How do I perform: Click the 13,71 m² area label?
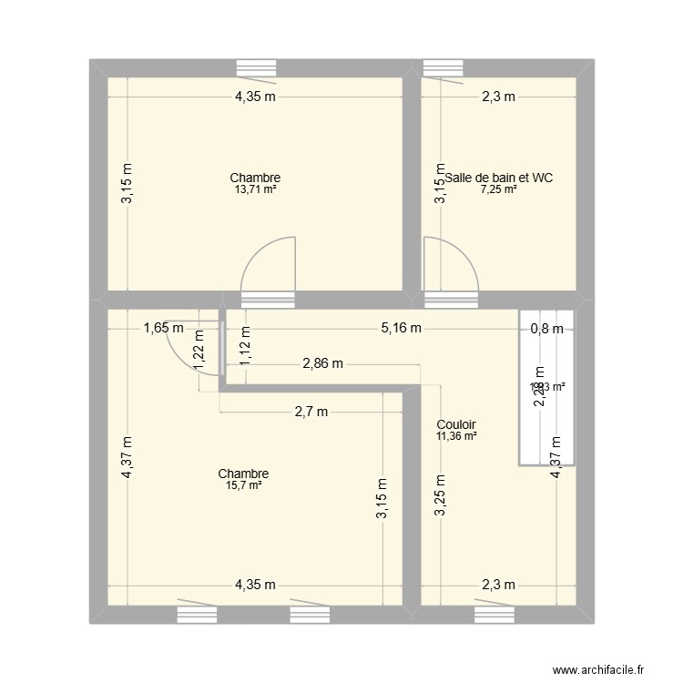(x=255, y=189)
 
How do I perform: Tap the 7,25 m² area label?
(x=499, y=189)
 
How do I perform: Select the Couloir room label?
(x=456, y=424)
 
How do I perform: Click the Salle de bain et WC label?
(x=498, y=178)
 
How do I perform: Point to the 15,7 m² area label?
(x=243, y=485)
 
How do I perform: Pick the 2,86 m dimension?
(x=322, y=364)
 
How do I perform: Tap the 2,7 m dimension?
(x=311, y=412)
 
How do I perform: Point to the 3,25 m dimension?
(x=440, y=497)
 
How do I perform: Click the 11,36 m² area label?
(x=456, y=436)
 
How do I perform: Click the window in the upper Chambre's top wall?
(x=262, y=67)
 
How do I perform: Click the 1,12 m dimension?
(x=244, y=346)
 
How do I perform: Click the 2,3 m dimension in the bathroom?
(x=499, y=97)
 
